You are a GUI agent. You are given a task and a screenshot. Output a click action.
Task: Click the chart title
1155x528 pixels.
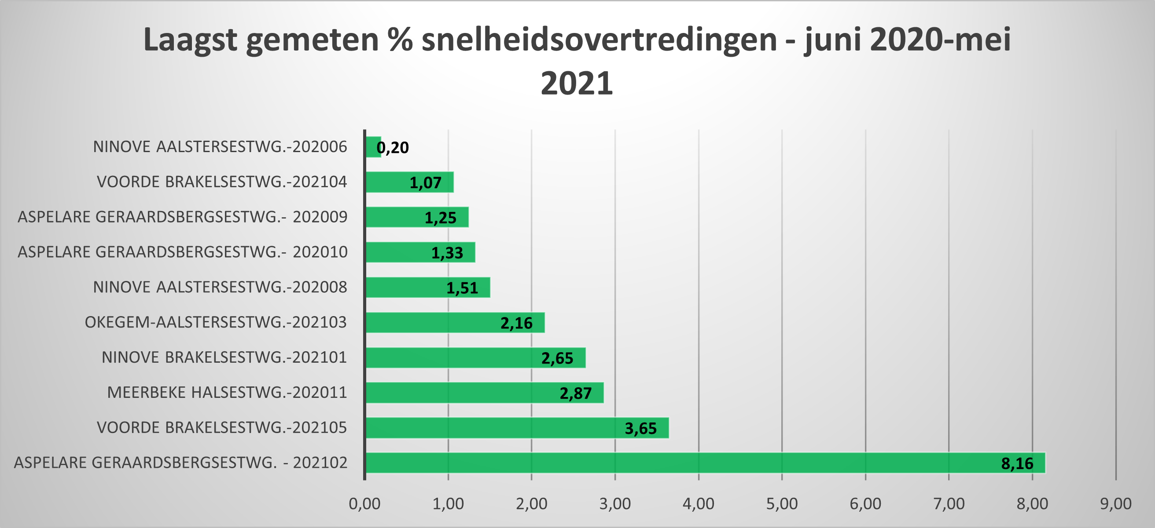click(x=577, y=61)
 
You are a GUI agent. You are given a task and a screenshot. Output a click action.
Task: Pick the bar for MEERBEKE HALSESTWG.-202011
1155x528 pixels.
click(x=484, y=393)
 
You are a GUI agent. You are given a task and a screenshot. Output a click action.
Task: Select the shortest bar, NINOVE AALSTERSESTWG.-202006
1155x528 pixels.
click(x=373, y=147)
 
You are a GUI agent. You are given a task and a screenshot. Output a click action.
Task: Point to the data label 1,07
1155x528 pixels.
click(x=425, y=183)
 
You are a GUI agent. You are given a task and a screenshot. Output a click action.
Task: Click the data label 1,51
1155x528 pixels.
click(x=462, y=288)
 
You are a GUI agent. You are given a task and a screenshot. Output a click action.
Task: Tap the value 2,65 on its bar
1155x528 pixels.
click(x=557, y=358)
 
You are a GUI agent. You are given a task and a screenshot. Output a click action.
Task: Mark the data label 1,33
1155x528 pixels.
click(x=447, y=253)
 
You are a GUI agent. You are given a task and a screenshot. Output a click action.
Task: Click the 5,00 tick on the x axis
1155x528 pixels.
click(x=781, y=504)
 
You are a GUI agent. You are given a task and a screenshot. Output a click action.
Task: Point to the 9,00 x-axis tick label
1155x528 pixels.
click(x=1115, y=504)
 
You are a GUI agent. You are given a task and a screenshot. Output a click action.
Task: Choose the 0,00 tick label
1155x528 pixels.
click(x=364, y=504)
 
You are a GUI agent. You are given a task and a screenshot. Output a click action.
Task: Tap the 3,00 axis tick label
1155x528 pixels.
click(x=615, y=504)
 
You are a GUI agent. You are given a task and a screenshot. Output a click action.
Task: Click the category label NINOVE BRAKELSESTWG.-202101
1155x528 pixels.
click(x=224, y=357)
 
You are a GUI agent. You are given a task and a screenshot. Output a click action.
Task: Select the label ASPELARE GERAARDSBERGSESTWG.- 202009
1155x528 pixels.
click(x=183, y=217)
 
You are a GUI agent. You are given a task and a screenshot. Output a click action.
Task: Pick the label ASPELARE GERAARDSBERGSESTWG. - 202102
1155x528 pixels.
click(x=181, y=462)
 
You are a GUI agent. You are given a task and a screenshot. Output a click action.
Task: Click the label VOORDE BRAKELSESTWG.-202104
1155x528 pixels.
click(x=222, y=182)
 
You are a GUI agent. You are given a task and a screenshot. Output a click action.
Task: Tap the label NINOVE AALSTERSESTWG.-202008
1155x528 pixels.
click(x=220, y=287)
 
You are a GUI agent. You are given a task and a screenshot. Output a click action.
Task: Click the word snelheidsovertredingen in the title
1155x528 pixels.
click(x=599, y=40)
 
